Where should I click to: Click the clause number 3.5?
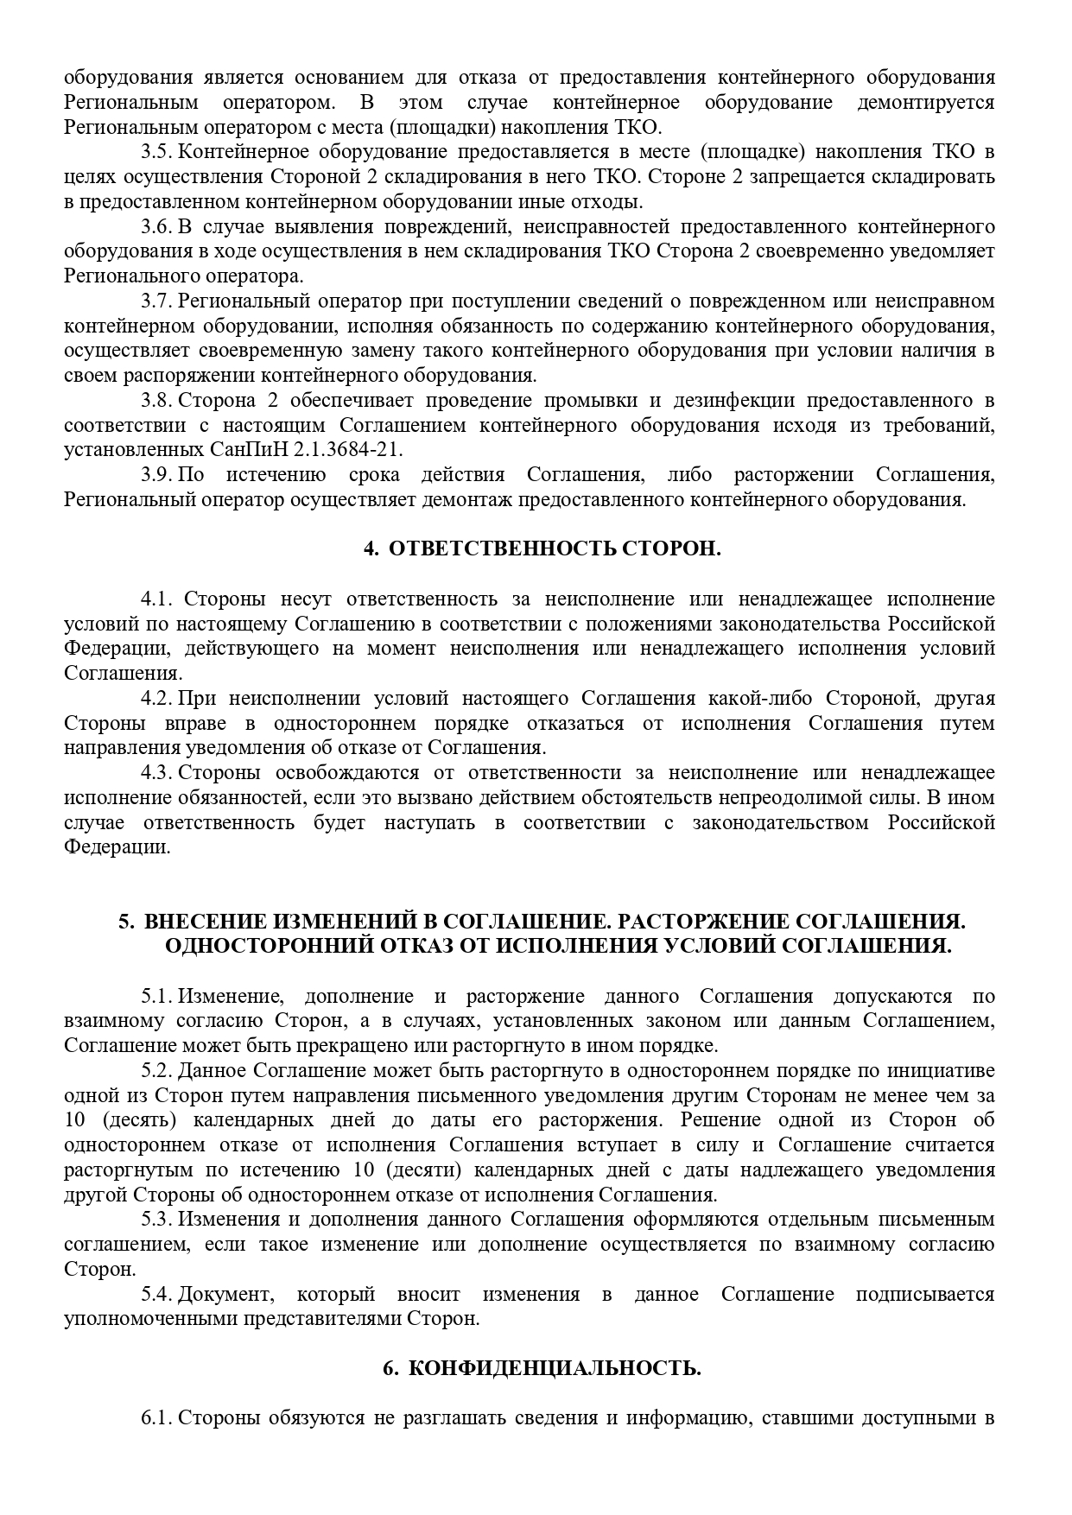[156, 153]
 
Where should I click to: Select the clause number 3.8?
[156, 401]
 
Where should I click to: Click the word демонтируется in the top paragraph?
[925, 103]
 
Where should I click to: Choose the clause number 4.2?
[156, 699]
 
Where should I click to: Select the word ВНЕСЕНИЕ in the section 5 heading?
[197, 922]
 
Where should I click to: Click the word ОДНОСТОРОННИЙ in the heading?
[260, 946]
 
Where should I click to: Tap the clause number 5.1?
[156, 997]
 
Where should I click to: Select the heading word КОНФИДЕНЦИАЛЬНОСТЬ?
[554, 1369]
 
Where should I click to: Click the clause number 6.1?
[156, 1418]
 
